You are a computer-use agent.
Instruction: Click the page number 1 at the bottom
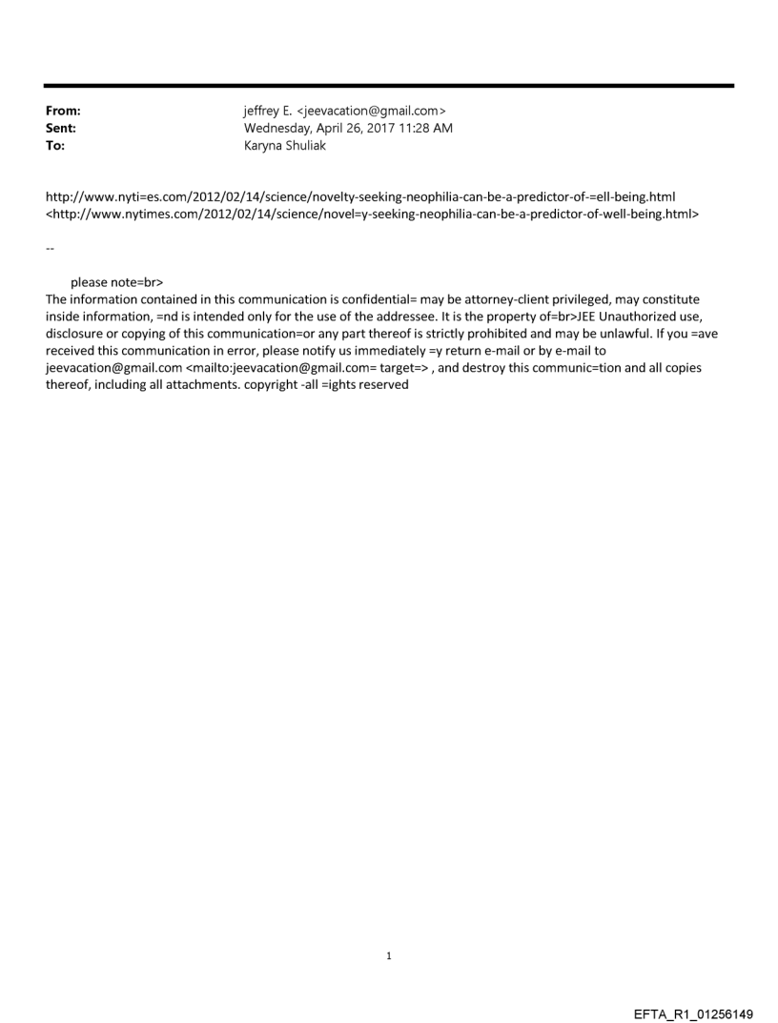pyautogui.click(x=389, y=955)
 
